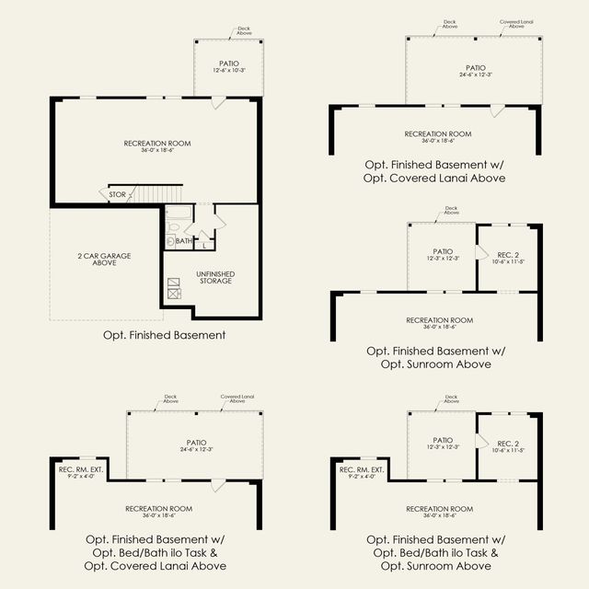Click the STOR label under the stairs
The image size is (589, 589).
pyautogui.click(x=118, y=195)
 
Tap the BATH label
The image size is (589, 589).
pyautogui.click(x=184, y=241)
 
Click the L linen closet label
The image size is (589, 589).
pyautogui.click(x=203, y=241)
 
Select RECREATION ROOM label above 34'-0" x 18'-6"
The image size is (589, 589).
pyautogui.click(x=156, y=143)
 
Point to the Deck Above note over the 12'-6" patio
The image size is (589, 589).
pyautogui.click(x=218, y=32)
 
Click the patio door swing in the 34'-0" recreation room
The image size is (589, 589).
pyautogui.click(x=216, y=104)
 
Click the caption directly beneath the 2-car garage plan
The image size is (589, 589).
pyautogui.click(x=165, y=335)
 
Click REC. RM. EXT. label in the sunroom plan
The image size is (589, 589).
pyautogui.click(x=361, y=472)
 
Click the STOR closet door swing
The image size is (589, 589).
pyautogui.click(x=103, y=195)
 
